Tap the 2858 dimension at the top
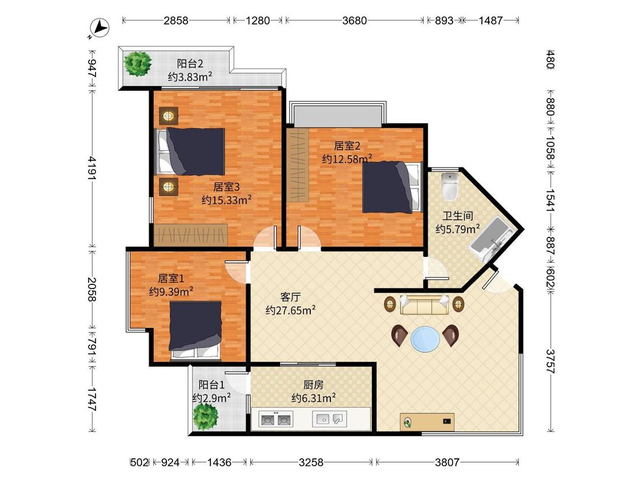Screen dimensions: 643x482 coord(176,21)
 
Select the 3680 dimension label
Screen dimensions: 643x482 coord(354,21)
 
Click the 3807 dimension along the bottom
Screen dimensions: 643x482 coord(447,463)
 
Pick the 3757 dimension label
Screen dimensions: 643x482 coord(550,361)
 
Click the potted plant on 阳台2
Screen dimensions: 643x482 coord(138,63)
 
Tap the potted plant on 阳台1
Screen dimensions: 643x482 coord(206,416)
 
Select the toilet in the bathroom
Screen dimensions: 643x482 coord(450,187)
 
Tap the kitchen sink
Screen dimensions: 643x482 coord(330,419)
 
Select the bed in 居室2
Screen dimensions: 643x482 coord(392,187)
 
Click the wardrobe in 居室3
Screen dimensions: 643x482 coord(191,235)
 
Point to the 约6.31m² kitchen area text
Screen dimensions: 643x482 coord(314,397)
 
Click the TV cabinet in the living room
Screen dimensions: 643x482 coord(427,421)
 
